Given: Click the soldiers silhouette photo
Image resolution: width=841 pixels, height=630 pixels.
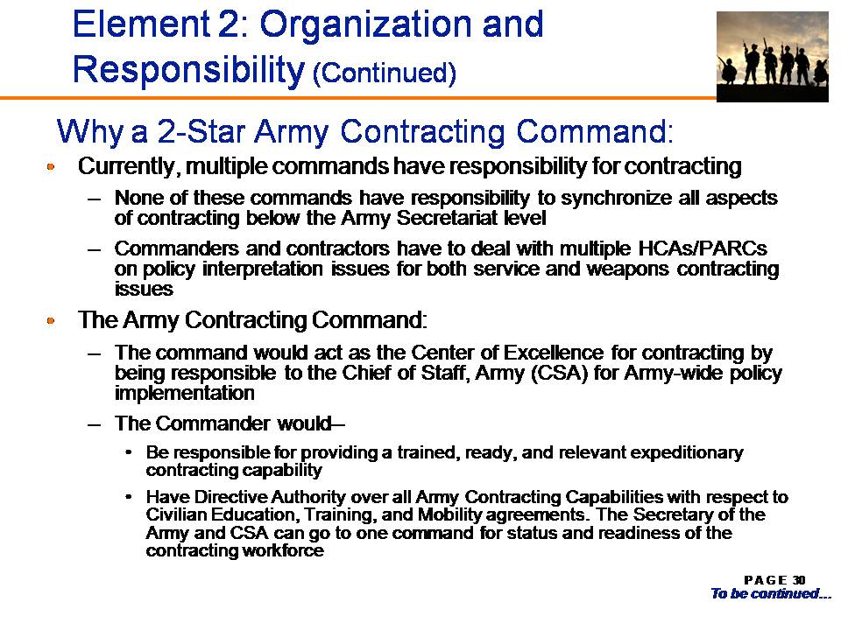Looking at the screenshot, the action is (773, 57).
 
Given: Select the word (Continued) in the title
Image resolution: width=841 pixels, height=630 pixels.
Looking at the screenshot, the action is (384, 73).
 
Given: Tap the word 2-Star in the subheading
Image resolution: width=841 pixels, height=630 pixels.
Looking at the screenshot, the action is (201, 131).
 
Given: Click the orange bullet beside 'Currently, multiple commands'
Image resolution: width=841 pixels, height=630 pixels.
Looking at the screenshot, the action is (51, 166).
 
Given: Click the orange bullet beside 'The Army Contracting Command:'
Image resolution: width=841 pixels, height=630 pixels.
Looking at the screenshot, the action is (51, 321).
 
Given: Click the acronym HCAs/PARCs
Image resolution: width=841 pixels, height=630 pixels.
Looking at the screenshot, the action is (703, 248).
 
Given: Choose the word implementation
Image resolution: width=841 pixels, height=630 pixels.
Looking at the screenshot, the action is (185, 393).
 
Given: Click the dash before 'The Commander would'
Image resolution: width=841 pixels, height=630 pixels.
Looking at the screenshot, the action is (95, 423).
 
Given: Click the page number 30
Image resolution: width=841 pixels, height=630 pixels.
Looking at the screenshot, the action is (799, 580).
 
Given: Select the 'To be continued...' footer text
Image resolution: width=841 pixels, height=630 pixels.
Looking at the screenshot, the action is (771, 593).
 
